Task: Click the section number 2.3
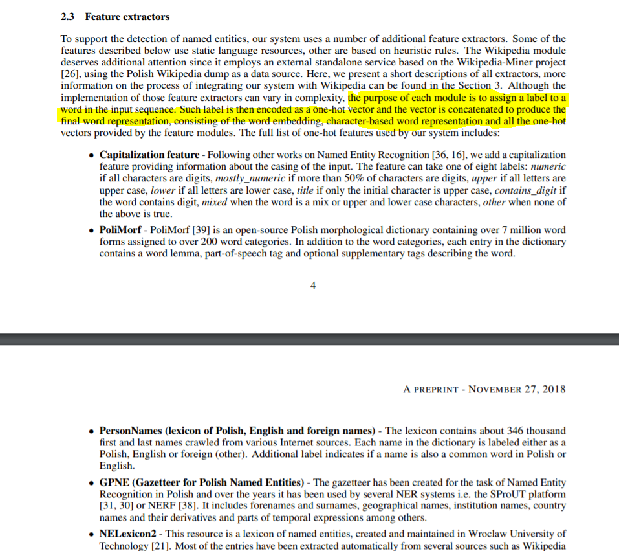(67, 16)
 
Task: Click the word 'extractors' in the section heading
(147, 16)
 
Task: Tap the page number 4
(313, 286)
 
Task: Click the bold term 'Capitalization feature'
(149, 155)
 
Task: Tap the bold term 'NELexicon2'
(127, 534)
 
